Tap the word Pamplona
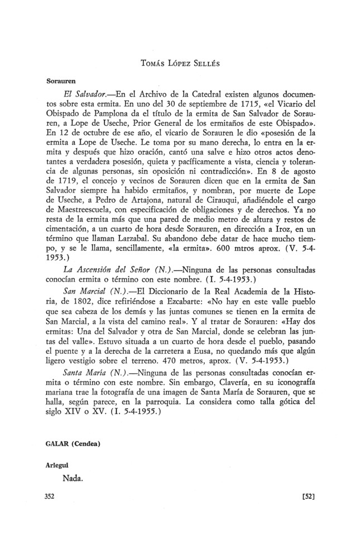pos(112,116)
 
